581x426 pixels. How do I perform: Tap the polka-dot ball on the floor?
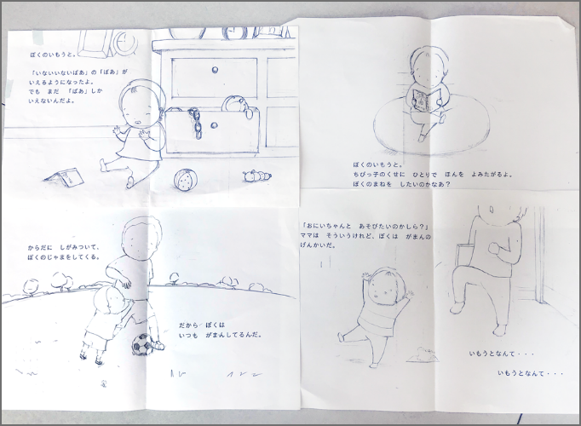185,181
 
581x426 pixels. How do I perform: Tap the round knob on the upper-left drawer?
213,70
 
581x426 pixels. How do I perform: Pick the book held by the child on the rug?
423,100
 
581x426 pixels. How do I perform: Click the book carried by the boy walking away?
463,256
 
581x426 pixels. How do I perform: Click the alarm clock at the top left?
122,39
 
